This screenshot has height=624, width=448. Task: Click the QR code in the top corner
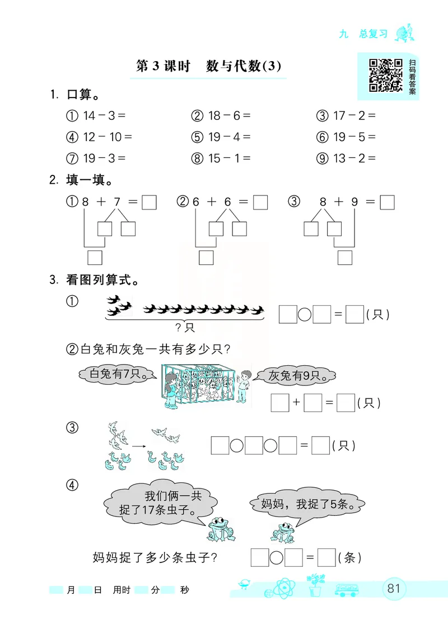pos(385,74)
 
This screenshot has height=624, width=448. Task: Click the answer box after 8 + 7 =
pos(149,202)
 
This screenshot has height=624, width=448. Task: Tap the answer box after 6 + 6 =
pos(260,202)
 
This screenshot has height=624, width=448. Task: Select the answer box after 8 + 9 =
pos(388,202)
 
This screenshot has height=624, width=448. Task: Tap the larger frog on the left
pos(220,529)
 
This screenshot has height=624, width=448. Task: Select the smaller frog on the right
pos(283,533)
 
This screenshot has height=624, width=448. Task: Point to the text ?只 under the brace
pos(184,327)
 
